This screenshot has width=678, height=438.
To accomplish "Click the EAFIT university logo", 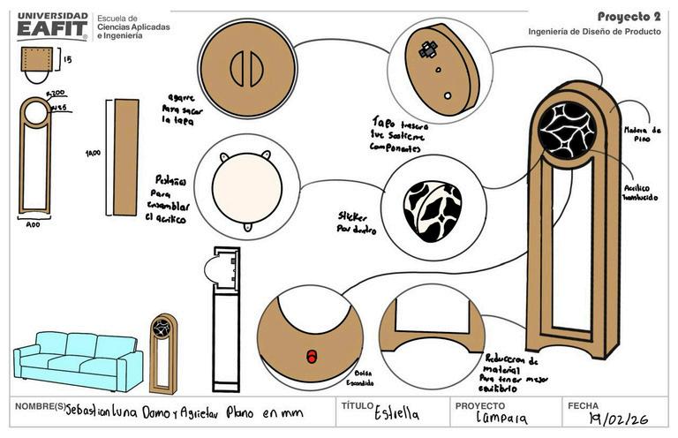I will (52, 26).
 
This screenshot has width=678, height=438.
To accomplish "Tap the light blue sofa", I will (78, 359).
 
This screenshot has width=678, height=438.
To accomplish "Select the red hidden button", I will (311, 355).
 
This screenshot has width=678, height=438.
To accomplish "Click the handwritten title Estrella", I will (396, 413).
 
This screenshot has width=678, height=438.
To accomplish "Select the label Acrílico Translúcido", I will (639, 193).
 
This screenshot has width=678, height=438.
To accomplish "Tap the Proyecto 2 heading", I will (629, 16).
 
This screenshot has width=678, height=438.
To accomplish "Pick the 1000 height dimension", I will (93, 153).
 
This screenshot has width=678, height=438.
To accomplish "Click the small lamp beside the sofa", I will (162, 352).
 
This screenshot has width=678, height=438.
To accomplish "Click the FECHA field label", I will (583, 406).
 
